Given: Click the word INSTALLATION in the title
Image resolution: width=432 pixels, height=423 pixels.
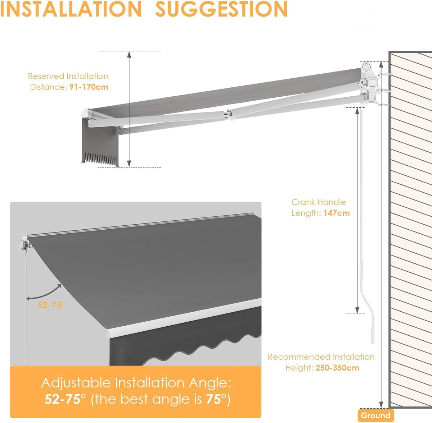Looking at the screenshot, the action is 71,9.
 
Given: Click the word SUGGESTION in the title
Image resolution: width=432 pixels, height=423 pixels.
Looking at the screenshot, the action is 221,9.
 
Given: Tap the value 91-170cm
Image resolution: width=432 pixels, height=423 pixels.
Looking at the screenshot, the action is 89,87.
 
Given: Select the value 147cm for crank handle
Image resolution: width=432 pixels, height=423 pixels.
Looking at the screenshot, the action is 337,213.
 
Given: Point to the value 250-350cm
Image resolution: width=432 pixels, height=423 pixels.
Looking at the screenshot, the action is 337,368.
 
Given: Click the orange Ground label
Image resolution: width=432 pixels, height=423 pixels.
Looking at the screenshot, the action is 375,415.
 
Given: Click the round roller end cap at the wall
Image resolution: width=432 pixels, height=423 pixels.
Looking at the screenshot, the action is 367,67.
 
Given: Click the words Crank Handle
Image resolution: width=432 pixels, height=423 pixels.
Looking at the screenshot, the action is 319,202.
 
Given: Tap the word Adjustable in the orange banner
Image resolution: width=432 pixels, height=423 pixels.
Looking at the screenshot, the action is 76,383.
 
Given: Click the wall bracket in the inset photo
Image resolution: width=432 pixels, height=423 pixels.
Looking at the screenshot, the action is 26,243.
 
